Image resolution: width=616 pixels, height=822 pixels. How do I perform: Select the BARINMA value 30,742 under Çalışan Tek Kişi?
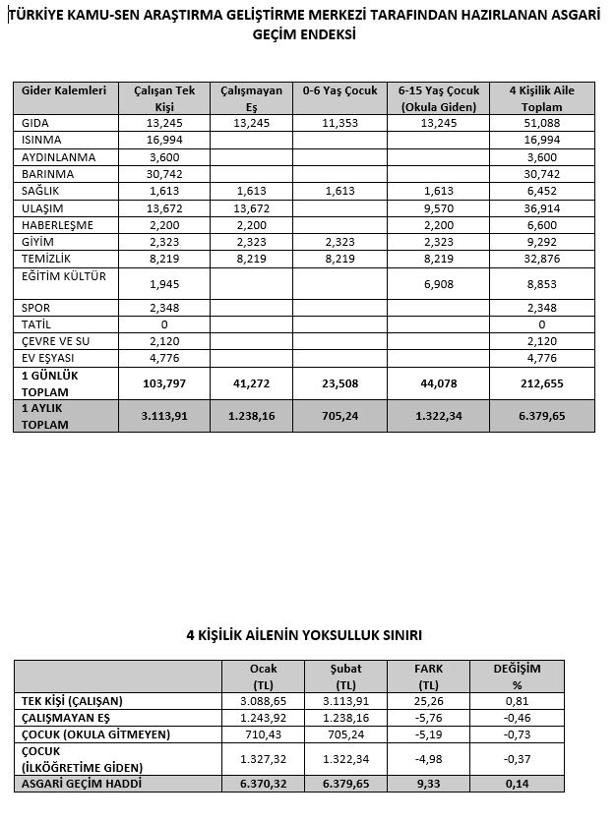click(x=164, y=174)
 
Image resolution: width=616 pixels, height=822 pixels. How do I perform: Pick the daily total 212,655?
click(x=541, y=383)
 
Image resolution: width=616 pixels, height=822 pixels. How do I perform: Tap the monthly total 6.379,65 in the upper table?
click(x=541, y=415)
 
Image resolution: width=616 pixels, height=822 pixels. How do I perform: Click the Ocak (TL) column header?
click(x=264, y=676)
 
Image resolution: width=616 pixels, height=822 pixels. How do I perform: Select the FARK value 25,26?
click(x=429, y=701)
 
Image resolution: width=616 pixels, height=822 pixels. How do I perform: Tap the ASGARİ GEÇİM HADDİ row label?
click(x=84, y=783)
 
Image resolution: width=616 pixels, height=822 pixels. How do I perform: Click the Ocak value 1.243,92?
click(x=264, y=718)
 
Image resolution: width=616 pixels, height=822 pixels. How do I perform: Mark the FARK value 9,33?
click(x=429, y=783)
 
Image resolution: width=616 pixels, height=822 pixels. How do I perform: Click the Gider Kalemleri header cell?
click(x=64, y=90)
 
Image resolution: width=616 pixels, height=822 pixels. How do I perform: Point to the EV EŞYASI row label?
click(x=47, y=357)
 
